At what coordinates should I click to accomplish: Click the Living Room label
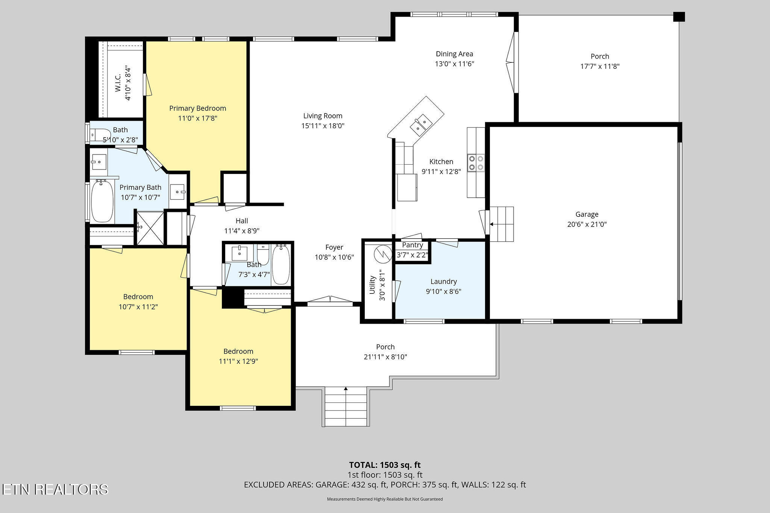click(323, 116)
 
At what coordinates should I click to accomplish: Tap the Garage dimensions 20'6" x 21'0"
click(587, 224)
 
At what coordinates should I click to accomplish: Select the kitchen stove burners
click(476, 163)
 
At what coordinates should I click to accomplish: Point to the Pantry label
click(412, 245)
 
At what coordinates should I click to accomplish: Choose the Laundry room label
click(444, 281)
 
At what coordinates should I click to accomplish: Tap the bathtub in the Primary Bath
click(102, 201)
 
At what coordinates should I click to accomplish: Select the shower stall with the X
click(150, 228)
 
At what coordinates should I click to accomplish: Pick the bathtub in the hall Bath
click(280, 264)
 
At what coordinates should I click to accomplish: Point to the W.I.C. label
click(118, 84)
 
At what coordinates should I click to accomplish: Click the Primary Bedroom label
click(198, 108)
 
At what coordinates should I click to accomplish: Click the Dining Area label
click(454, 54)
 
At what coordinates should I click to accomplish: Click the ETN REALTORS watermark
click(55, 489)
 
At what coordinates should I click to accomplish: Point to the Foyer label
click(334, 247)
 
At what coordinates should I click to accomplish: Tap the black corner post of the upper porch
click(679, 17)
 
